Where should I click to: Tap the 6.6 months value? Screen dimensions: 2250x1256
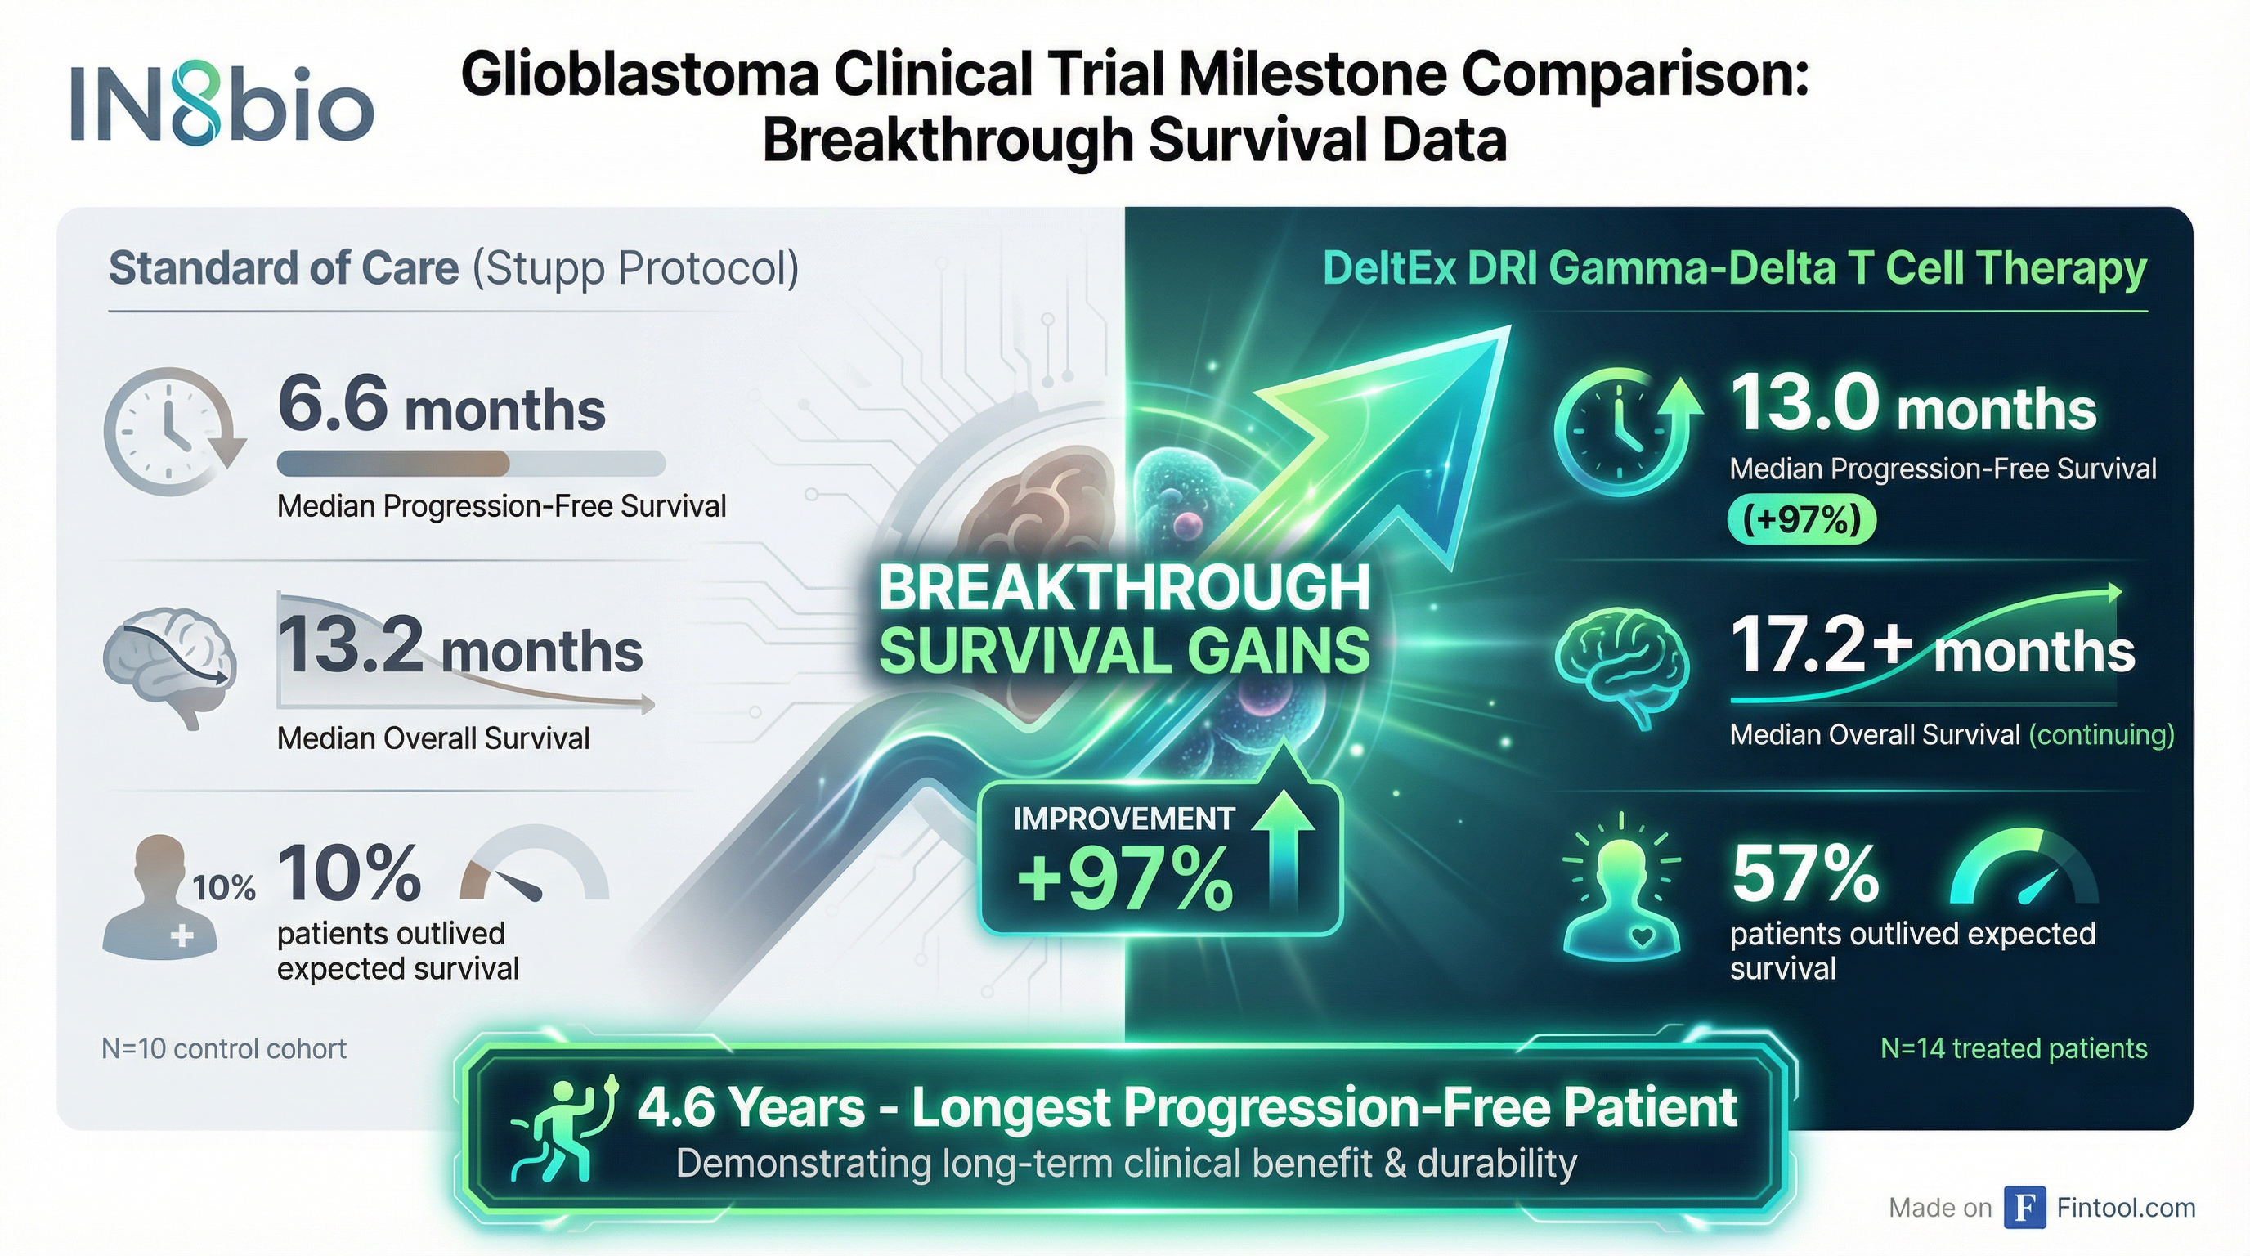(441, 405)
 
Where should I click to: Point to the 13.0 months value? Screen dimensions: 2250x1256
(1913, 403)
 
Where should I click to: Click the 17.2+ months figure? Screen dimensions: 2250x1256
(1932, 646)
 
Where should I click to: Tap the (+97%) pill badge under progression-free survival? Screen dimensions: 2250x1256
(1801, 521)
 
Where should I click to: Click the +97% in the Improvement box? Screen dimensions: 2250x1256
(1125, 880)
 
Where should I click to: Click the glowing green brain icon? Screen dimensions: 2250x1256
(1622, 667)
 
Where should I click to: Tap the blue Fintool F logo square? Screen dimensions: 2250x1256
(2025, 1208)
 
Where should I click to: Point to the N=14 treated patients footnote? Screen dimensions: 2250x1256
(2013, 1048)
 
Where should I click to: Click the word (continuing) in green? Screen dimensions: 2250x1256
(2100, 734)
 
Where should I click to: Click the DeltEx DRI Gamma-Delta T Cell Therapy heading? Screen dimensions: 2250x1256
(1735, 268)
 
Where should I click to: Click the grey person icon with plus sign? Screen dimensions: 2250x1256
(160, 898)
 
